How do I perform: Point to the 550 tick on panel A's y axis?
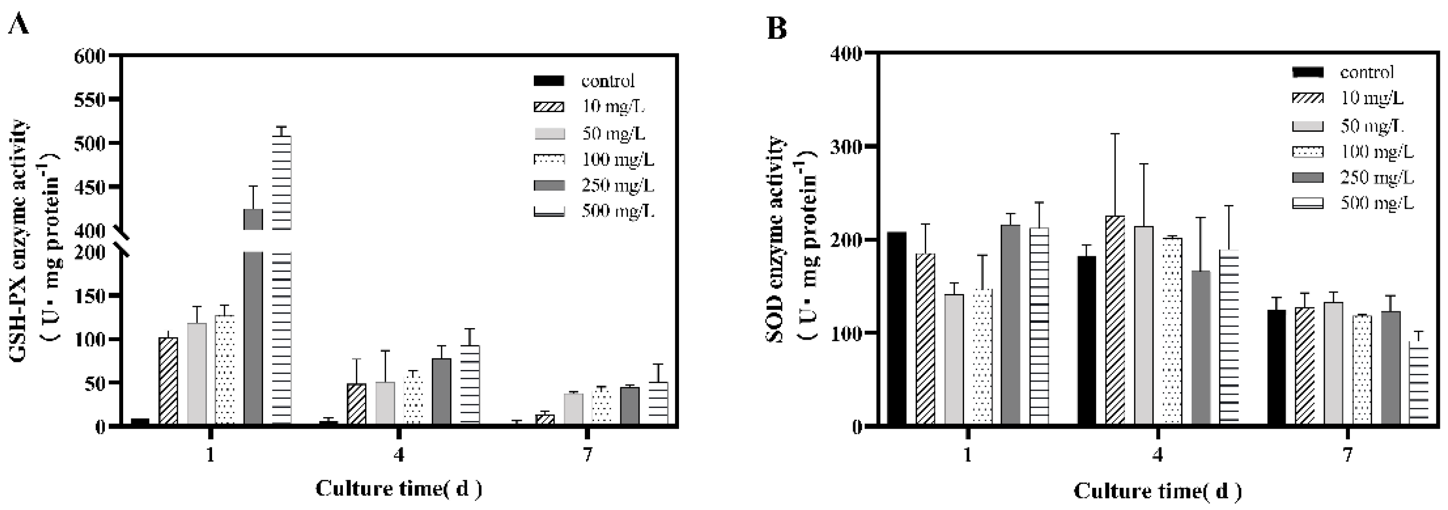(89, 100)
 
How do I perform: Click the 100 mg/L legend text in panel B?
(1377, 151)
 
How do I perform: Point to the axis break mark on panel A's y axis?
(122, 241)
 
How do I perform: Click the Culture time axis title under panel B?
(1157, 491)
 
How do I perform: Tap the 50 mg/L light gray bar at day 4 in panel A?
(385, 403)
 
